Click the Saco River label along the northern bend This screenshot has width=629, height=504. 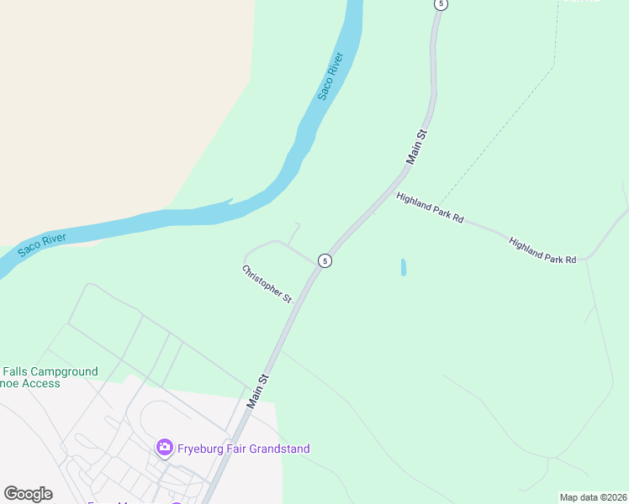(x=330, y=76)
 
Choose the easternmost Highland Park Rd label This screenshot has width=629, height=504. (x=542, y=250)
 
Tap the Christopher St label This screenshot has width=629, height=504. (x=267, y=284)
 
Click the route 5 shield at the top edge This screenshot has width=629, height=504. (x=441, y=4)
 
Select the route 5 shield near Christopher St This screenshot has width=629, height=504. (x=324, y=261)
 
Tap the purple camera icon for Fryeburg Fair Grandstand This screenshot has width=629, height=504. (x=165, y=448)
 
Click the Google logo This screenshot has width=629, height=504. (x=29, y=494)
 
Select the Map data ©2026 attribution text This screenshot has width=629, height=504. (x=593, y=497)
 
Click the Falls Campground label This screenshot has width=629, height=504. (x=50, y=371)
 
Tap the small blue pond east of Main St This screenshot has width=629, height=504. (x=404, y=267)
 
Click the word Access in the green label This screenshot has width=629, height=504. (x=42, y=384)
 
